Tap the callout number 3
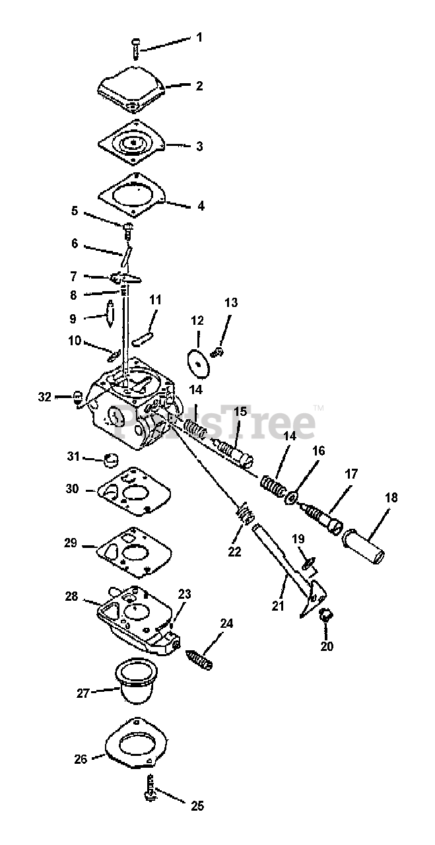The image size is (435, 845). (199, 147)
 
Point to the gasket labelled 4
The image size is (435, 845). (132, 193)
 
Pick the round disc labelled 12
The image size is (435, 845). (197, 361)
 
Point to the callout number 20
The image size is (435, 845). (327, 646)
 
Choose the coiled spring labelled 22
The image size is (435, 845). (244, 514)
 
